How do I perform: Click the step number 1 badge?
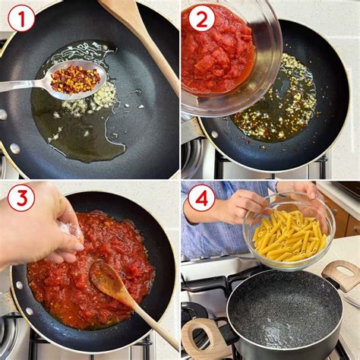[x=21, y=17]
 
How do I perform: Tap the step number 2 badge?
[x=201, y=17]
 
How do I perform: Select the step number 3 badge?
[x=21, y=198]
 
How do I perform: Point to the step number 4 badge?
[x=201, y=198]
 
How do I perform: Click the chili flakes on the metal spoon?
[x=74, y=78]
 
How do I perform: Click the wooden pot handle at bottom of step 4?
[x=201, y=338]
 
